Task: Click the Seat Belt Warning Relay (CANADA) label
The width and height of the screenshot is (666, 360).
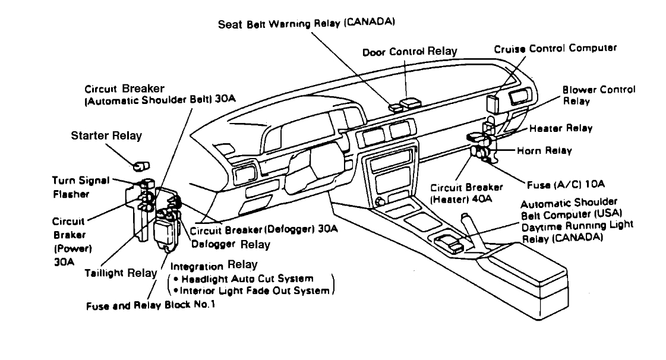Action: [307, 24]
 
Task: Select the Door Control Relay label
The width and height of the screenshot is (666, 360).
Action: [410, 52]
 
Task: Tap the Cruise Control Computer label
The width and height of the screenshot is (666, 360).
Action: [555, 49]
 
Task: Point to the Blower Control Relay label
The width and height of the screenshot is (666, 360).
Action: [599, 95]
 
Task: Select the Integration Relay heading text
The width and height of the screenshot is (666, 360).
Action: [214, 264]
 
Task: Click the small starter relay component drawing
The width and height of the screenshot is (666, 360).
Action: [142, 165]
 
